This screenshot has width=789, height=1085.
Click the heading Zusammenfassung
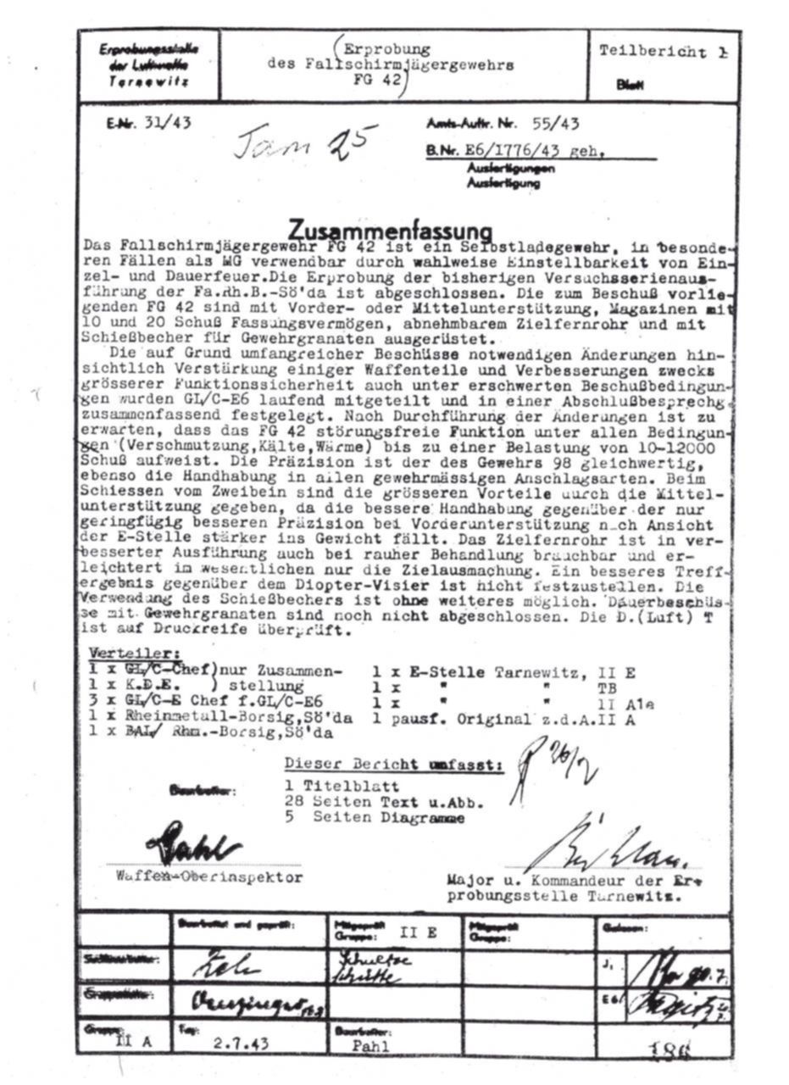[x=390, y=230]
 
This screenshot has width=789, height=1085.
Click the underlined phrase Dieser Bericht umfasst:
[x=393, y=764]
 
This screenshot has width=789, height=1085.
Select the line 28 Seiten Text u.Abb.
[x=384, y=802]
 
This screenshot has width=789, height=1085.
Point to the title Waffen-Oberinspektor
[x=208, y=877]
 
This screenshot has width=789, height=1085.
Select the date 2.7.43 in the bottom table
[x=241, y=1043]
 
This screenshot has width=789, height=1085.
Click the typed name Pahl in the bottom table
[x=372, y=1045]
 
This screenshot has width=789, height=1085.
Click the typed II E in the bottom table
[x=418, y=934]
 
